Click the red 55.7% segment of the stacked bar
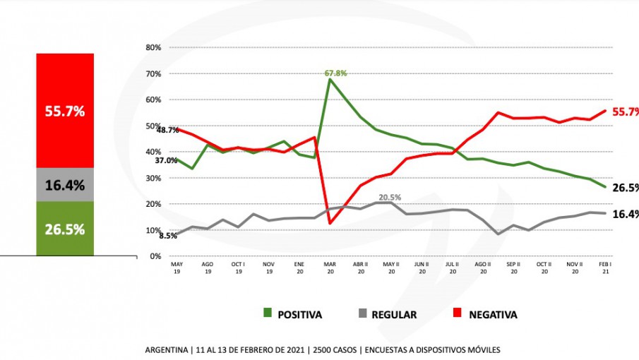coord(65,111)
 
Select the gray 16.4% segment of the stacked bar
coord(65,186)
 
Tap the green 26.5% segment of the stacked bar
coord(65,229)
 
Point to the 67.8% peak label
coord(335,73)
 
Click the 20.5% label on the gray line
coord(390,198)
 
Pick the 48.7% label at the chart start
coord(167,131)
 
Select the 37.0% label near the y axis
coord(167,160)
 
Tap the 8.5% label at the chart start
coord(168,236)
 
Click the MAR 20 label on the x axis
coord(330,267)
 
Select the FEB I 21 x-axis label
coord(606,267)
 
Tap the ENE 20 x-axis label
coord(299,267)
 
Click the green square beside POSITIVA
coord(268,313)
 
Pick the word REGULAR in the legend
coord(393,315)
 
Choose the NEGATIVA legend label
coord(493,315)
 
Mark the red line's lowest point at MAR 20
coord(330,223)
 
